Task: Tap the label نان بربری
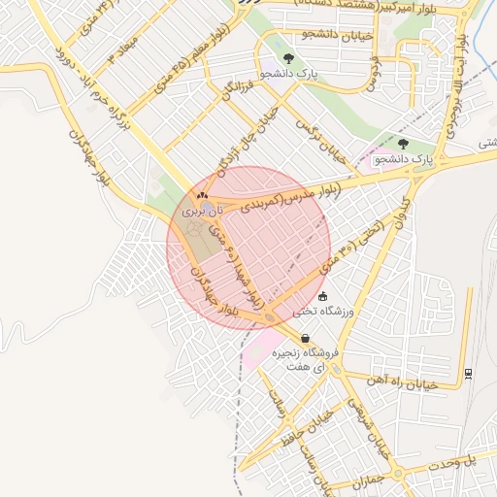[203, 210]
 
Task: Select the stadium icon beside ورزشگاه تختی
[323, 297]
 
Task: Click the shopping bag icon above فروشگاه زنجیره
[306, 339]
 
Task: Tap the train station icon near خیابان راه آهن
[469, 372]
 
